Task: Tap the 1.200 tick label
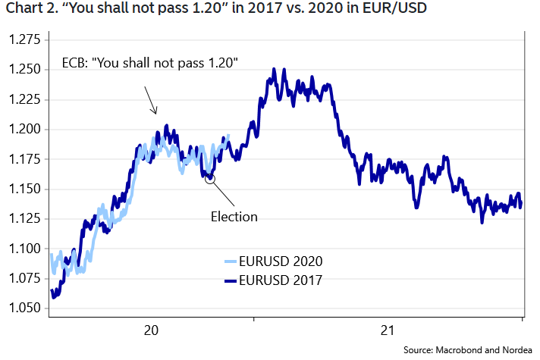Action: [x=24, y=130]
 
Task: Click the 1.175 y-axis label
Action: [x=24, y=160]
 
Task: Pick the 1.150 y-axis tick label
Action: [x=24, y=189]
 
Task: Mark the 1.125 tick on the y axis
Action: [x=24, y=219]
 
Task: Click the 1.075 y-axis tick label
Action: [x=24, y=279]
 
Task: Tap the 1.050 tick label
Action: [x=24, y=308]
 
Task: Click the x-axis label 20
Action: [x=151, y=330]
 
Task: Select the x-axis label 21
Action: [x=388, y=330]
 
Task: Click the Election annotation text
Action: [x=234, y=217]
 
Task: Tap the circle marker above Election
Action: [x=210, y=179]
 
